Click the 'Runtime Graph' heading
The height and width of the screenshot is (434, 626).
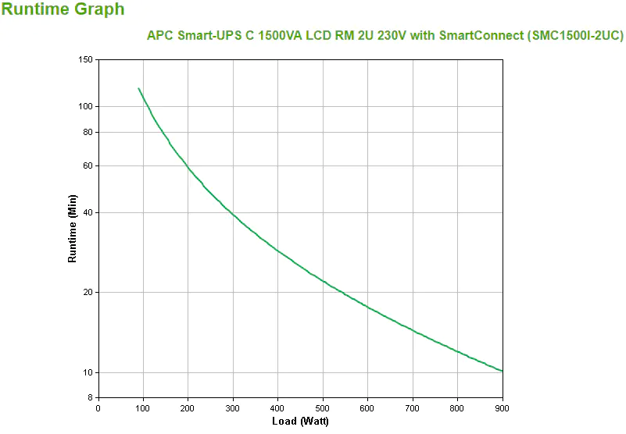tap(63, 9)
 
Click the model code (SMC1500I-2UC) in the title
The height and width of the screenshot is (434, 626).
tap(575, 36)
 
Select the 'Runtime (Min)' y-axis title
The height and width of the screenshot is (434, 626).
tap(73, 228)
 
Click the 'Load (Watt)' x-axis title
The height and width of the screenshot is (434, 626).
tap(300, 422)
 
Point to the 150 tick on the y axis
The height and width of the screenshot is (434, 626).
tap(86, 60)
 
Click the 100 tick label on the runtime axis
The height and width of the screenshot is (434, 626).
tap(86, 106)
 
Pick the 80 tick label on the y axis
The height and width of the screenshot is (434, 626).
tap(88, 132)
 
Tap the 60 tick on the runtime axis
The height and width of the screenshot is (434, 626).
tap(88, 165)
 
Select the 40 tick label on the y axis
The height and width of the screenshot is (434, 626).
tap(88, 212)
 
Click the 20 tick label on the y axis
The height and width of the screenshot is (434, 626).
tap(88, 292)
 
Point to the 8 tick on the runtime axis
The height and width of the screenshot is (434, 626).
tap(91, 397)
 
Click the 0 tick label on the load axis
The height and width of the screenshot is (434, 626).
tap(98, 407)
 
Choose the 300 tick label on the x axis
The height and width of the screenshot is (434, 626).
tap(233, 407)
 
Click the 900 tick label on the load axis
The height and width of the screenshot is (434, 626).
tap(503, 407)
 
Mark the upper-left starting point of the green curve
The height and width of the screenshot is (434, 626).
tap(138, 89)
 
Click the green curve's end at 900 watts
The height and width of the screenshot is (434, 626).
tap(502, 371)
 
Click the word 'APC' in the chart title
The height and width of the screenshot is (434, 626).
tap(159, 36)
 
